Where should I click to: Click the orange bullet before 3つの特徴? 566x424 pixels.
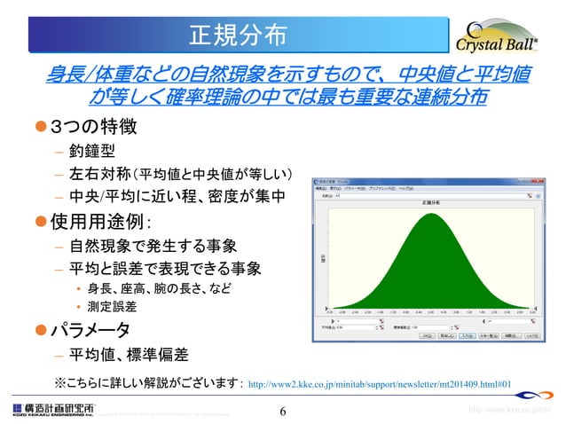39,129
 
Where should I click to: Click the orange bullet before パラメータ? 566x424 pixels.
39,330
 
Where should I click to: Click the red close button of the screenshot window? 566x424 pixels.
536,183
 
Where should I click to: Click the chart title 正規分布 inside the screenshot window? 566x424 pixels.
429,203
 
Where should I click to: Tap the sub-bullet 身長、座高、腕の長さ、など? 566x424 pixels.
153,289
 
